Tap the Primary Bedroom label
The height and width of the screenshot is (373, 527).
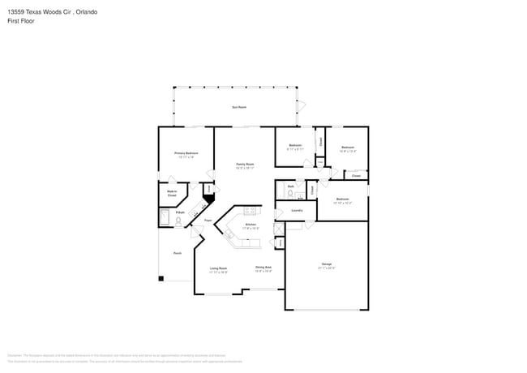pyautogui.click(x=186, y=154)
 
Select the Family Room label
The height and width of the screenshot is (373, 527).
pyautogui.click(x=245, y=165)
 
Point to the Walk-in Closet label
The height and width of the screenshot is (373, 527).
pyautogui.click(x=172, y=194)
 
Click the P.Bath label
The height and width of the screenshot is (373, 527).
pyautogui.click(x=180, y=212)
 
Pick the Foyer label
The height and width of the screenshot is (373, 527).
pyautogui.click(x=208, y=220)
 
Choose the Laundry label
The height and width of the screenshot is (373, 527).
pyautogui.click(x=297, y=210)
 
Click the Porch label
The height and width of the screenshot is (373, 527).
pyautogui.click(x=177, y=253)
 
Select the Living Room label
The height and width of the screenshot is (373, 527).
pyautogui.click(x=218, y=269)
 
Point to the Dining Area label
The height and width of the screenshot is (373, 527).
pyautogui.click(x=263, y=268)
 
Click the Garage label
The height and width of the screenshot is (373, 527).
pyautogui.click(x=327, y=265)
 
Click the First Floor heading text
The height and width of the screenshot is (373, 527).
pyautogui.click(x=20, y=20)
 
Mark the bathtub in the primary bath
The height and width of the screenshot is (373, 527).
pyautogui.click(x=165, y=217)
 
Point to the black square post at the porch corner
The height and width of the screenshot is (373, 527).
pyautogui.click(x=161, y=280)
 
